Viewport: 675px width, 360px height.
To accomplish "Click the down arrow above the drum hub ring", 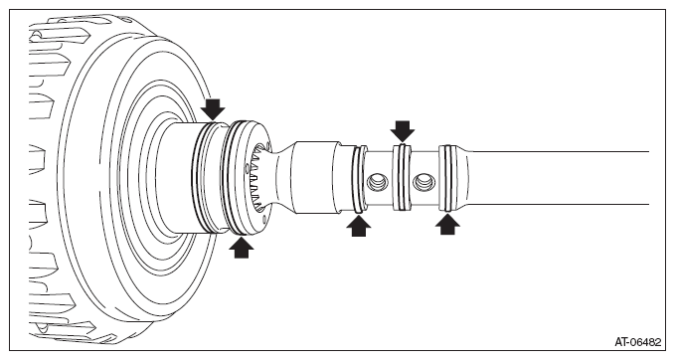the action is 214,109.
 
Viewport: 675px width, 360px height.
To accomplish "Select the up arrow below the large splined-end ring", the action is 241,248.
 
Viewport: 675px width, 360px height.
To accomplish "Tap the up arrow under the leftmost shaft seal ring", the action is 359,225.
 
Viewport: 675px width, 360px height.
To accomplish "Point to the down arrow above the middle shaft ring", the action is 403,131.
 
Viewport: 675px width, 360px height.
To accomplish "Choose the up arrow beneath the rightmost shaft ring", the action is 447,224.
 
